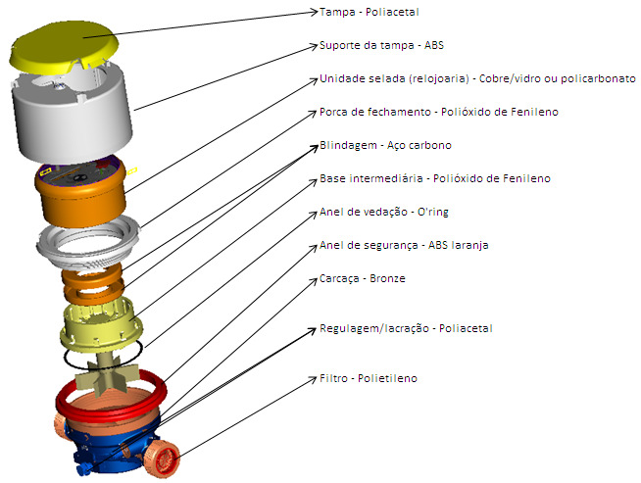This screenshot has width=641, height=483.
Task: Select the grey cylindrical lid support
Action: pos(73,119)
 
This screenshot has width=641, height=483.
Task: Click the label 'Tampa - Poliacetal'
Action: pos(370,13)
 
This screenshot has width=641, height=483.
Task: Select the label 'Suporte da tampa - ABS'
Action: pos(381,45)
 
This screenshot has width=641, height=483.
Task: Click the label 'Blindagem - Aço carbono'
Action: pos(385,145)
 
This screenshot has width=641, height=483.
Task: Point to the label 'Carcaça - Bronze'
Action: pos(363,278)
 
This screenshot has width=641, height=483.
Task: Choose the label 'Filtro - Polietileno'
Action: pos(369,378)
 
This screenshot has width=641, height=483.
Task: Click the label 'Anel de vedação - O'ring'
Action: pos(384,212)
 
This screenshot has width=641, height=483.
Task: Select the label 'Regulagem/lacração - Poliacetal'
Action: pos(406,328)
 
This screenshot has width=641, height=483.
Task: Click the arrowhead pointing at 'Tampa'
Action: pos(314,12)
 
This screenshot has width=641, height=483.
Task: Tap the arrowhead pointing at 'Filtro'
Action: pos(314,379)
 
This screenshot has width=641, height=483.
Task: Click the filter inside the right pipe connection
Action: pos(166,459)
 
